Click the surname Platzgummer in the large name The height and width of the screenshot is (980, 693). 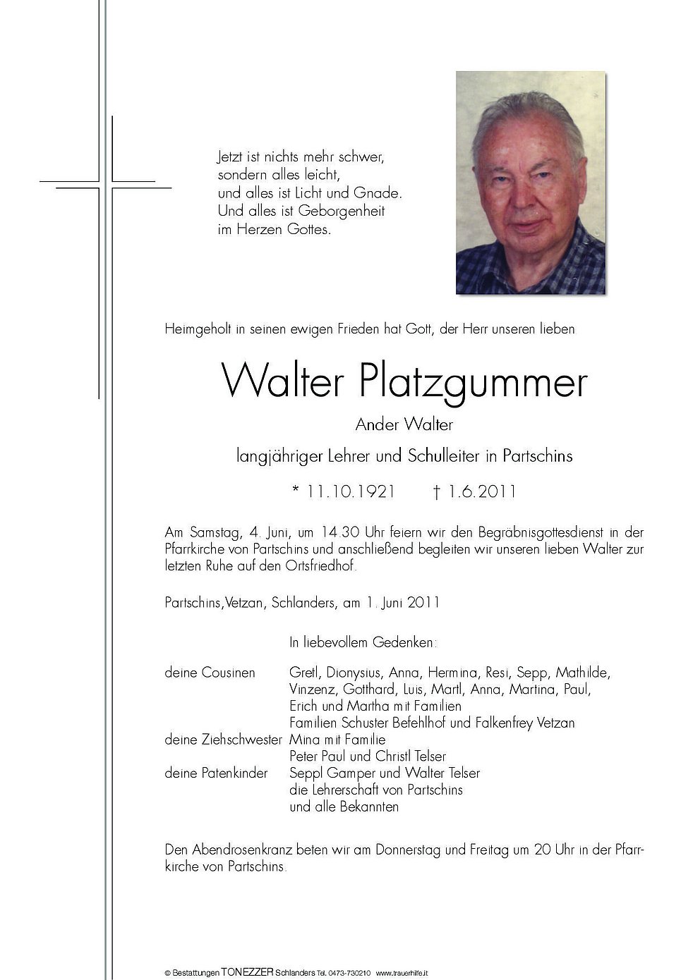click(x=473, y=383)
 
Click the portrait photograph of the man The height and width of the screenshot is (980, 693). click(x=530, y=183)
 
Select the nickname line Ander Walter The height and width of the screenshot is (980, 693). click(x=404, y=424)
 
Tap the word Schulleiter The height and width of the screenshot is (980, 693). click(x=445, y=456)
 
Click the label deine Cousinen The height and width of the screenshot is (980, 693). click(x=210, y=673)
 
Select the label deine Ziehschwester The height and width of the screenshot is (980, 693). click(x=223, y=740)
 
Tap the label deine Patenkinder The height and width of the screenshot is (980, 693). click(x=216, y=773)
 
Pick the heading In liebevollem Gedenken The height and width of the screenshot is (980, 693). click(x=363, y=642)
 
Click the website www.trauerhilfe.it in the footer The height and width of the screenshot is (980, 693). click(x=402, y=974)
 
